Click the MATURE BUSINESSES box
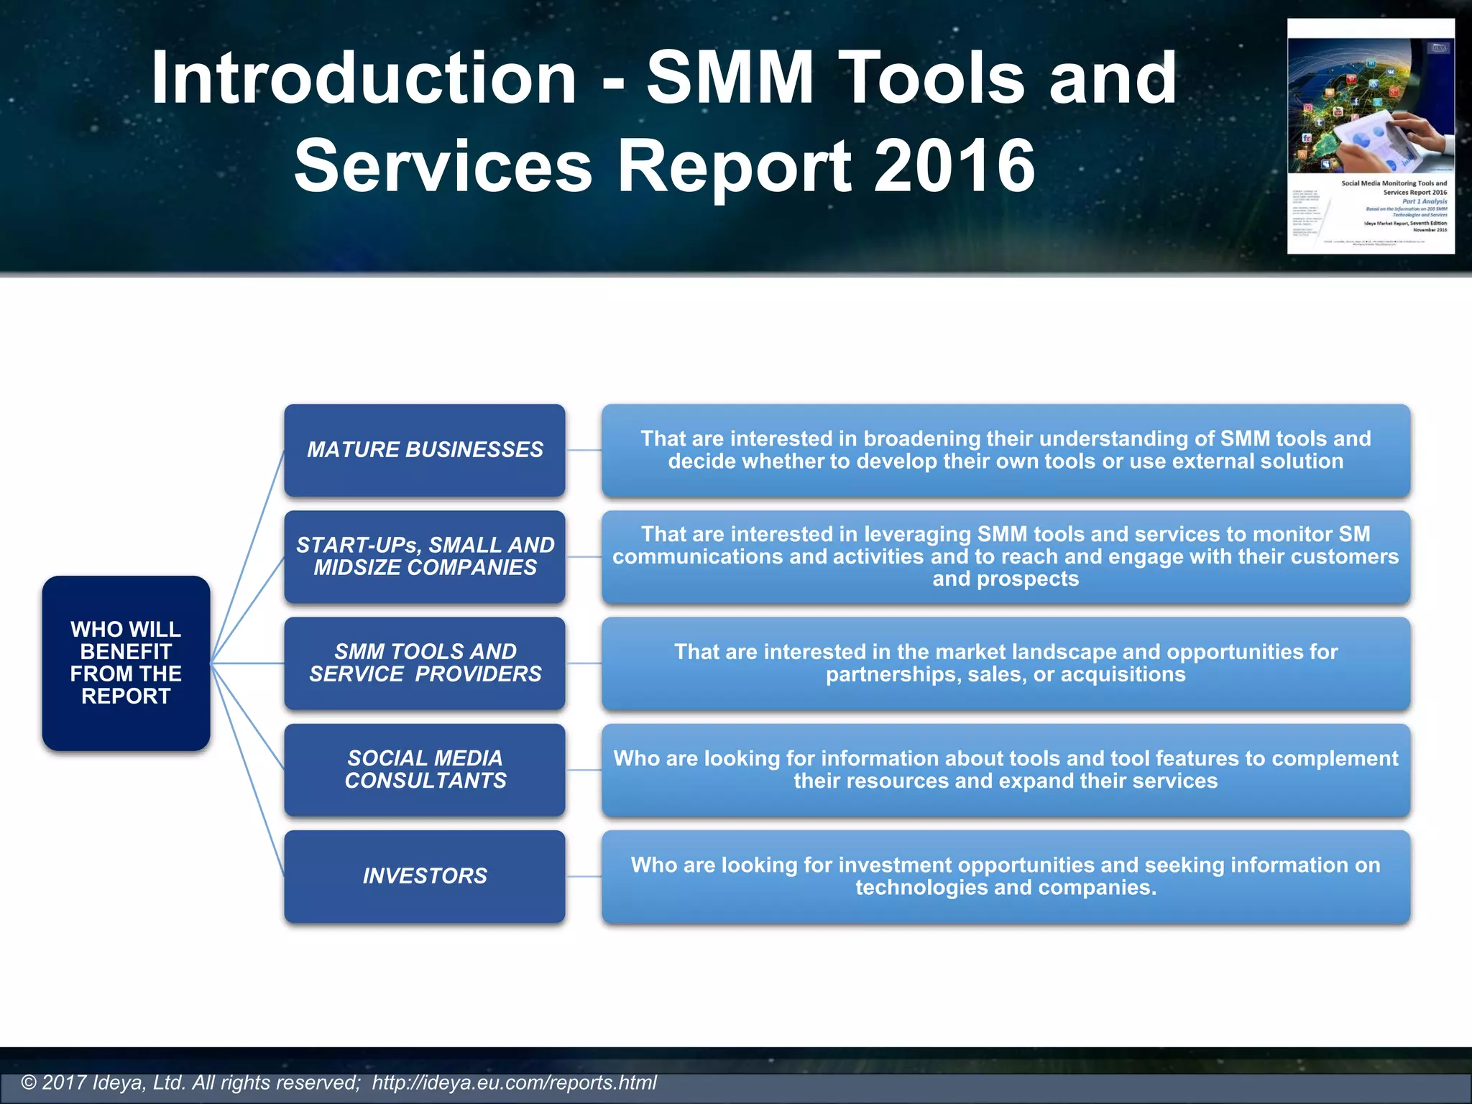pyautogui.click(x=424, y=450)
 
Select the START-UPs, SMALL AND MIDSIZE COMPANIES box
pyautogui.click(x=424, y=556)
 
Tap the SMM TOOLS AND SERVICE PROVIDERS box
pyautogui.click(x=424, y=663)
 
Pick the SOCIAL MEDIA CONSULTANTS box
pyautogui.click(x=424, y=769)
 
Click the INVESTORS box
pyautogui.click(x=424, y=875)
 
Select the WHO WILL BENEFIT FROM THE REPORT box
pyautogui.click(x=126, y=663)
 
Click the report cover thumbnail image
pyautogui.click(x=1371, y=137)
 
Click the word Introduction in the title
pyautogui.click(x=363, y=78)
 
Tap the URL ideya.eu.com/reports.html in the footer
pyautogui.click(x=514, y=1082)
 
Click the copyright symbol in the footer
pyautogui.click(x=29, y=1082)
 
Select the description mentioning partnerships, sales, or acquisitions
pyautogui.click(x=1006, y=663)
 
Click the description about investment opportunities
pyautogui.click(x=1006, y=875)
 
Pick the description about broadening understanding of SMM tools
pyautogui.click(x=1006, y=450)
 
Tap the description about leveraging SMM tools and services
pyautogui.click(x=1006, y=556)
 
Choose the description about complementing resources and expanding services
pyautogui.click(x=1006, y=769)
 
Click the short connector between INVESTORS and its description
pyautogui.click(x=584, y=876)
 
